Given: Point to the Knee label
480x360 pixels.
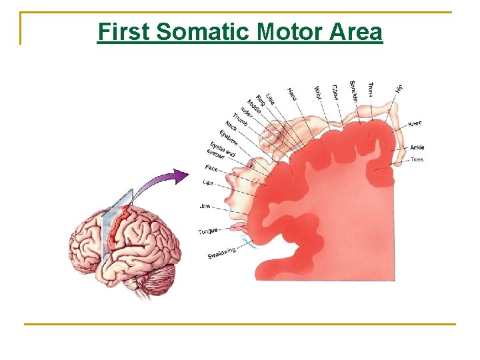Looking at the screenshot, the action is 415,123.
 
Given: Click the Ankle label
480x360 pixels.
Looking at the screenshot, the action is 417,147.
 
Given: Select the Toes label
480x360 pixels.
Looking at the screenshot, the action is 417,160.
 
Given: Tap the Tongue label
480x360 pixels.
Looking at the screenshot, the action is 208,231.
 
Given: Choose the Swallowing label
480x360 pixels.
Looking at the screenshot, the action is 221,253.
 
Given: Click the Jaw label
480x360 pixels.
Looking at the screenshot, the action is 205,206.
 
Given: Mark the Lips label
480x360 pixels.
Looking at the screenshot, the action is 208,182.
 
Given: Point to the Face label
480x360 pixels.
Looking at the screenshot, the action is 211,167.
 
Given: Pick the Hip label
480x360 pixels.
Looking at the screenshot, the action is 398,88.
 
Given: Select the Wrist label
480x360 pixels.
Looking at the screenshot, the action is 317,93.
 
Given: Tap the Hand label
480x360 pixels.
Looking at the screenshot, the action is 292,95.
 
